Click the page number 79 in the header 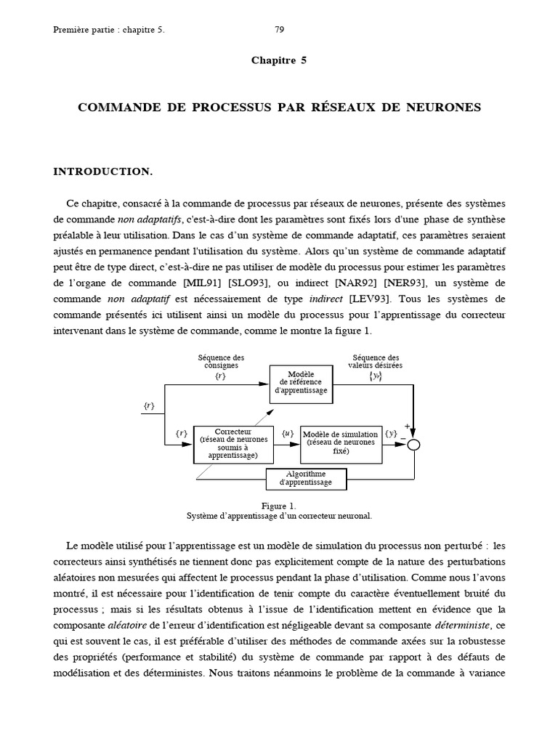click(x=280, y=30)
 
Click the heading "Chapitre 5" click(x=279, y=60)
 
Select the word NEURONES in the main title click(x=445, y=108)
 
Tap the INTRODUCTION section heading click(x=102, y=171)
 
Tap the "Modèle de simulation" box click(x=340, y=444)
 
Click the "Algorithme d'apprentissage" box click(x=305, y=479)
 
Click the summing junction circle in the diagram click(x=413, y=445)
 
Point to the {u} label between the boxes click(x=287, y=434)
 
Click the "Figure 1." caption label click(x=279, y=506)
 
